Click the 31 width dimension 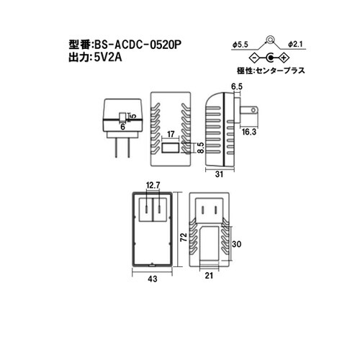pyautogui.click(x=220, y=174)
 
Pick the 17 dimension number pyautogui.click(x=171, y=135)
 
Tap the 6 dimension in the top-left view pyautogui.click(x=124, y=125)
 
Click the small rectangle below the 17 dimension pyautogui.click(x=171, y=148)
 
